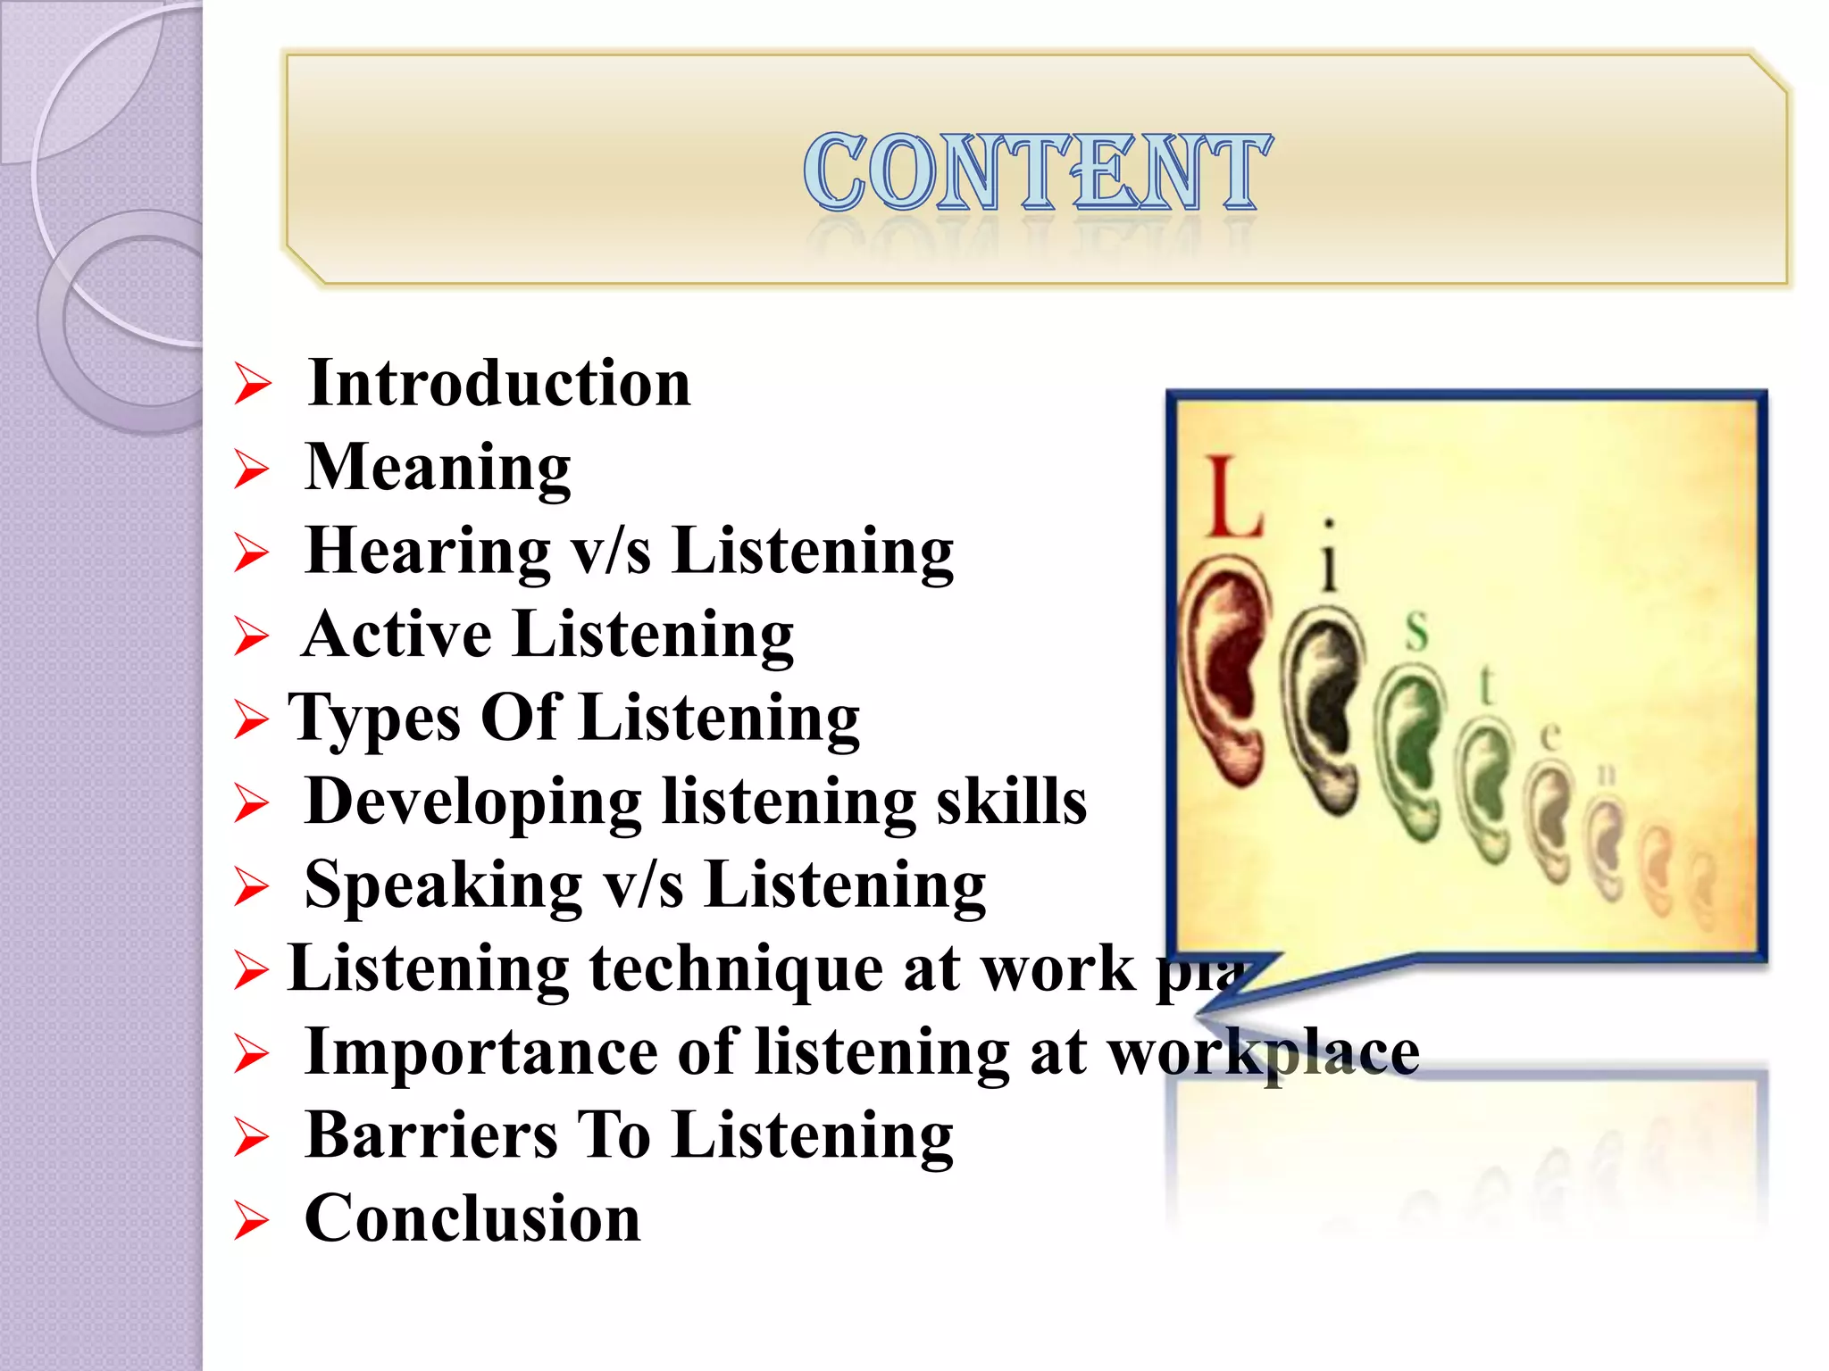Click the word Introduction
[498, 384]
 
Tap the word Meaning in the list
[438, 467]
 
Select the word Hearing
[428, 551]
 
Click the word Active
[397, 635]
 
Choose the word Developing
[472, 802]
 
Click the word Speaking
[443, 885]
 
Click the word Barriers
[431, 1135]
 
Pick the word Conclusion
[472, 1219]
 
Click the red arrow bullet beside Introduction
[252, 385]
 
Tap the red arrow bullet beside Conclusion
[251, 1220]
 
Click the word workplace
[1263, 1052]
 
